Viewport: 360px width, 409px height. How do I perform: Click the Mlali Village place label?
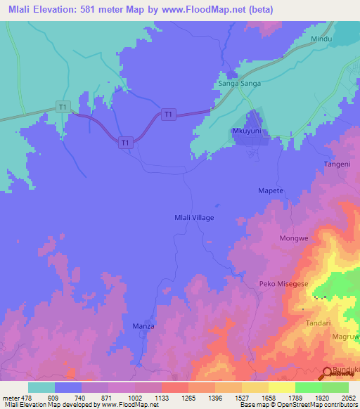pos(193,218)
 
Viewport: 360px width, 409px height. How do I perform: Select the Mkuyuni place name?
pos(247,131)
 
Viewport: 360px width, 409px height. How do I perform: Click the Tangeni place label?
pos(336,164)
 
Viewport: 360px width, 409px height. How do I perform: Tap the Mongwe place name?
pos(294,238)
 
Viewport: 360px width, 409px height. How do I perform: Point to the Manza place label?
pos(143,327)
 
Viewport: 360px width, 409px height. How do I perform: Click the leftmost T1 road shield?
pos(63,107)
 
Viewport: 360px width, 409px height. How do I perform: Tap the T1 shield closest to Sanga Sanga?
pos(167,114)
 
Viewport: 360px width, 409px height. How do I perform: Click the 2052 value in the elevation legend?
pos(348,397)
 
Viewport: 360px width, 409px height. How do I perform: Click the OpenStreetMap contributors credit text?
pos(319,405)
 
